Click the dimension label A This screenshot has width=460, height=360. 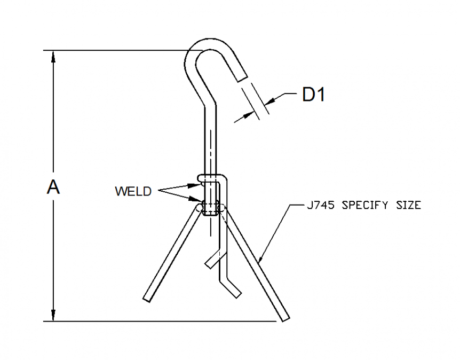coord(53,187)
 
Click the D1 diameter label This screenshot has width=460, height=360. coord(313,95)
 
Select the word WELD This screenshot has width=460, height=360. coord(133,191)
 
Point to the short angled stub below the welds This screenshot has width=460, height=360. coord(212,259)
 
